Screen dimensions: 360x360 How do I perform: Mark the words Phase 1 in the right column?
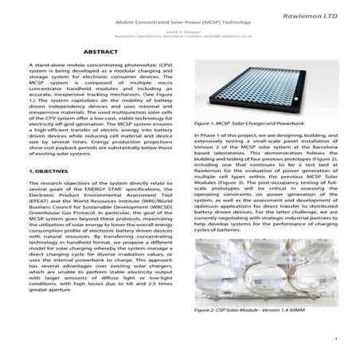[x=205, y=136]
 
